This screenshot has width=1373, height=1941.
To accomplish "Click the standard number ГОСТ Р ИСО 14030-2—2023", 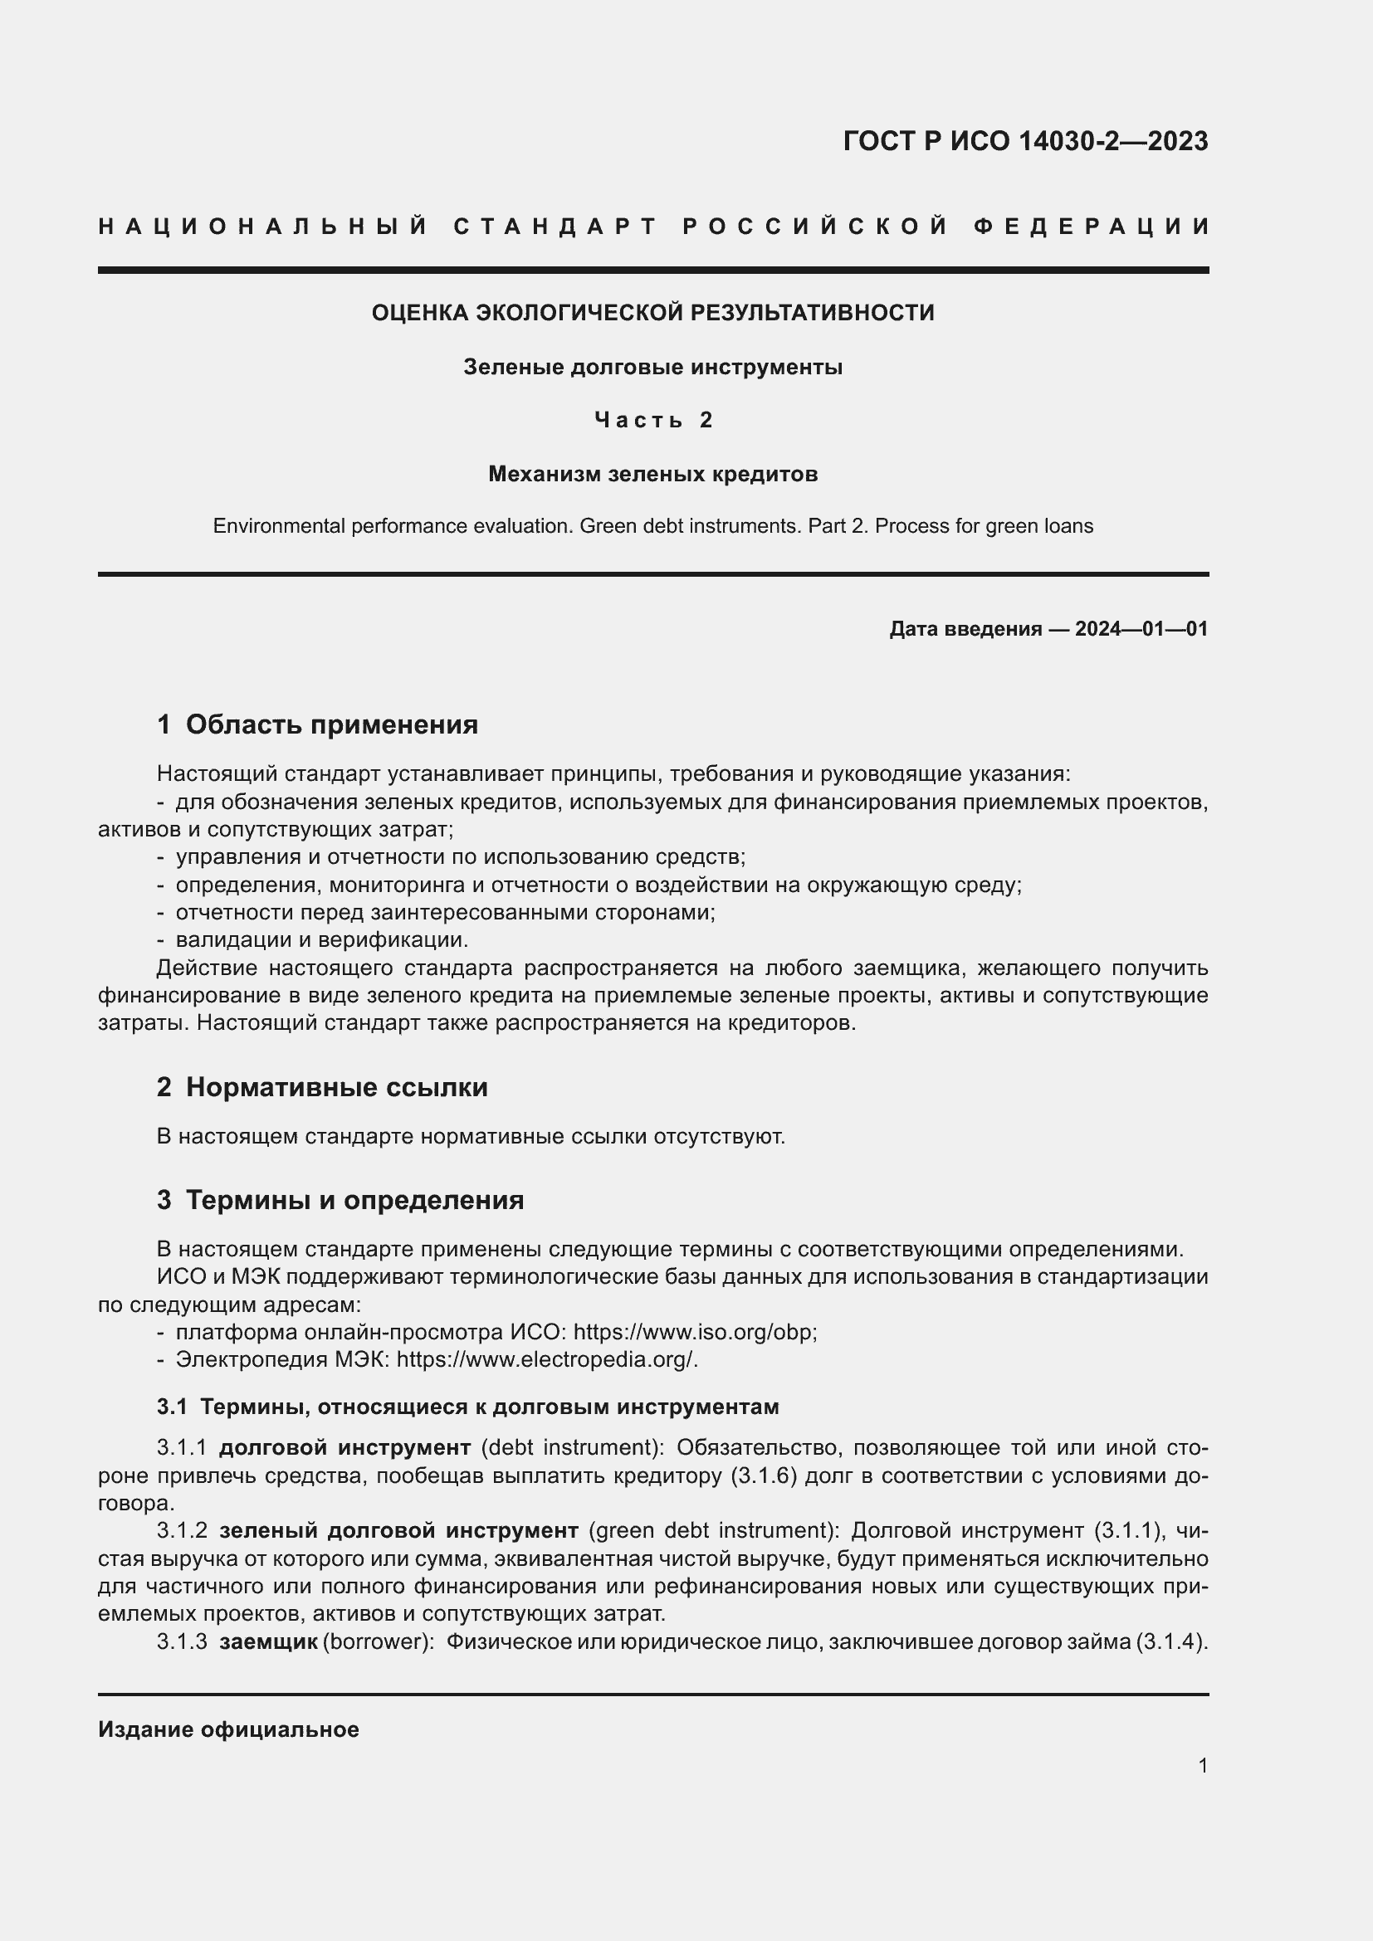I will coord(1024,141).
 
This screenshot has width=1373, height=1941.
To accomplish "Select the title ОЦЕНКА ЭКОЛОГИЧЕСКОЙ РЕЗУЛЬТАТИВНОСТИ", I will coord(652,313).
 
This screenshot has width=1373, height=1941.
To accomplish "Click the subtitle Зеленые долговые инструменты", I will coord(652,368).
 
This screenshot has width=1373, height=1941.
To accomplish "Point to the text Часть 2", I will coord(652,420).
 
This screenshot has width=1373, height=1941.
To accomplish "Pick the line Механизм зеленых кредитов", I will coord(652,475).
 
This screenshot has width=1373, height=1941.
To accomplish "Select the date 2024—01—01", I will coord(1141,629).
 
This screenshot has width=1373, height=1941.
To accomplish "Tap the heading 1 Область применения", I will coord(317,724).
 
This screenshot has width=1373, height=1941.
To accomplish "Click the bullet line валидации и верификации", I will coord(321,940).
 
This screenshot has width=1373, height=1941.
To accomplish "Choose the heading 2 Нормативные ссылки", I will coord(321,1087).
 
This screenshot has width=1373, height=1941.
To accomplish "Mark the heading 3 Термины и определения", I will coord(340,1201).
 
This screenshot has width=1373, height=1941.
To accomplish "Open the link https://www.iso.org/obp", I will coord(694,1333).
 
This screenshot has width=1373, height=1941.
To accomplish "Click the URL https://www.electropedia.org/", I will coord(546,1360).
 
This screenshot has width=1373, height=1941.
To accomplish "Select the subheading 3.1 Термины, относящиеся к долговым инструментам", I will coord(467,1407).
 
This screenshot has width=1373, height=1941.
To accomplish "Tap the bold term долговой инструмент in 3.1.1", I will coord(344,1448).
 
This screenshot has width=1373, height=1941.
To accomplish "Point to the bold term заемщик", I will coord(268,1641).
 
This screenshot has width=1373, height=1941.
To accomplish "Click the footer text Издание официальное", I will coord(228,1729).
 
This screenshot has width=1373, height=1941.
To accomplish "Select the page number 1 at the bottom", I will coord(1202,1766).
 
